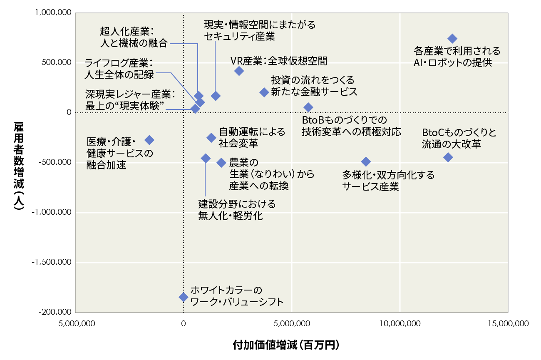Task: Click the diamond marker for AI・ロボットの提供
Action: click(x=452, y=39)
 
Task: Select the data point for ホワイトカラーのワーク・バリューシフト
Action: click(x=184, y=297)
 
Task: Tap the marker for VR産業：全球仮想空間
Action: click(x=239, y=71)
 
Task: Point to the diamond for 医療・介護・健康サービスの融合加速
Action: click(x=149, y=140)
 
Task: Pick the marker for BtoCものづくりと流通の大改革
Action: click(x=448, y=157)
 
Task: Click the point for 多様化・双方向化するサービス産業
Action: click(x=366, y=161)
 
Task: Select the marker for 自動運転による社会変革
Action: click(x=211, y=138)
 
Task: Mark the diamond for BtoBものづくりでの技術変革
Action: click(x=308, y=107)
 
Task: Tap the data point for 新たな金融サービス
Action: click(x=264, y=92)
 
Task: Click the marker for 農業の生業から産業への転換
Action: click(x=221, y=162)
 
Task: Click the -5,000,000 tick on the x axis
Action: click(x=75, y=323)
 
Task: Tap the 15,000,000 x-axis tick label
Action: click(x=508, y=323)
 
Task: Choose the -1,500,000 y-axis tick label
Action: click(x=52, y=262)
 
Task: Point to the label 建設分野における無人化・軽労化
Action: click(x=236, y=210)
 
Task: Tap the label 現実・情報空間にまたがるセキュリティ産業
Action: click(x=260, y=30)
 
